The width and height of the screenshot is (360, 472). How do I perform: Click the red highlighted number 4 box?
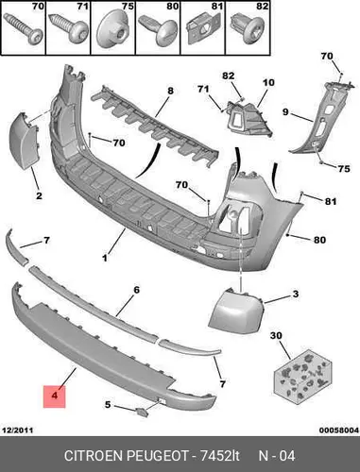55,396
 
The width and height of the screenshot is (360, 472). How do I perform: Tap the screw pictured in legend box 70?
24,28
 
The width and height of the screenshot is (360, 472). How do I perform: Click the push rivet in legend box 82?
248,27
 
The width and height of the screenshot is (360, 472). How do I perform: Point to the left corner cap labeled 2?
25,140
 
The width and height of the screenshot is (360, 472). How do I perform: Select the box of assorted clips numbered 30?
302,376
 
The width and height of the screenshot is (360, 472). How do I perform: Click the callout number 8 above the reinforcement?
170,91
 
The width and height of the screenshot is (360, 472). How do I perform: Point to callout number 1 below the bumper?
105,258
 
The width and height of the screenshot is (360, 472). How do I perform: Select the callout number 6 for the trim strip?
136,290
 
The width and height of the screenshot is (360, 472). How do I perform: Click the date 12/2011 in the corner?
18,430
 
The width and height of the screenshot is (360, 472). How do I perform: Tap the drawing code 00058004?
339,430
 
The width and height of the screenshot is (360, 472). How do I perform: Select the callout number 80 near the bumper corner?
319,240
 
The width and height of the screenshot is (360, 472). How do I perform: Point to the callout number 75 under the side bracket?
344,169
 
